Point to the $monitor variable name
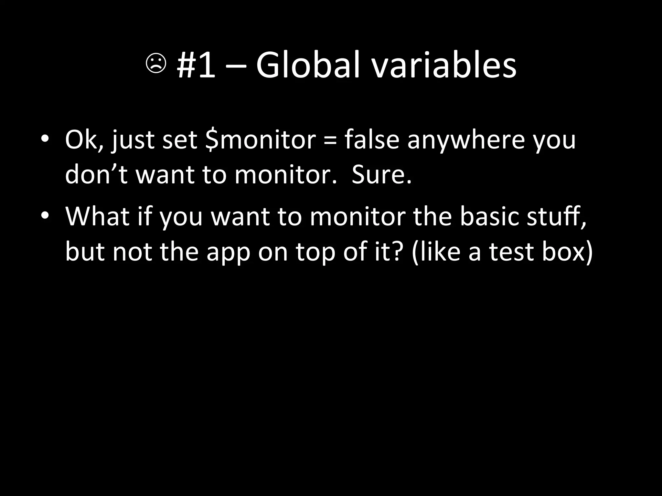pyautogui.click(x=261, y=140)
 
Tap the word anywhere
pyautogui.click(x=466, y=141)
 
